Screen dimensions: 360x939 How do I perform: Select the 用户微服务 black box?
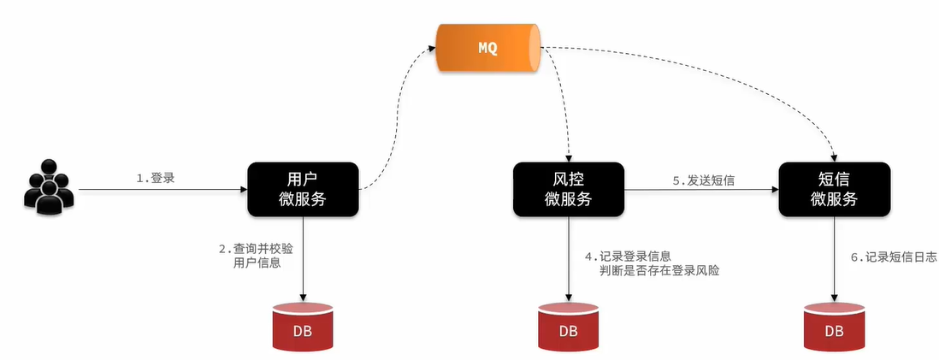point(303,189)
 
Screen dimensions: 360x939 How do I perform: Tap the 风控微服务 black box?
point(568,189)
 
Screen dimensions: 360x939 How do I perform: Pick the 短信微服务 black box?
point(833,189)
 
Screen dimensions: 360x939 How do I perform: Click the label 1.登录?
point(156,179)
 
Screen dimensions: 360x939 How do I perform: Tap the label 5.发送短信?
point(703,180)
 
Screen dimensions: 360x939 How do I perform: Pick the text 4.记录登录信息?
point(627,256)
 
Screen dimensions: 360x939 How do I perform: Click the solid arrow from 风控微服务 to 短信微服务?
point(701,191)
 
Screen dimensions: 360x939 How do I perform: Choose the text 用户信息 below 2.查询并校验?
point(257,263)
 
